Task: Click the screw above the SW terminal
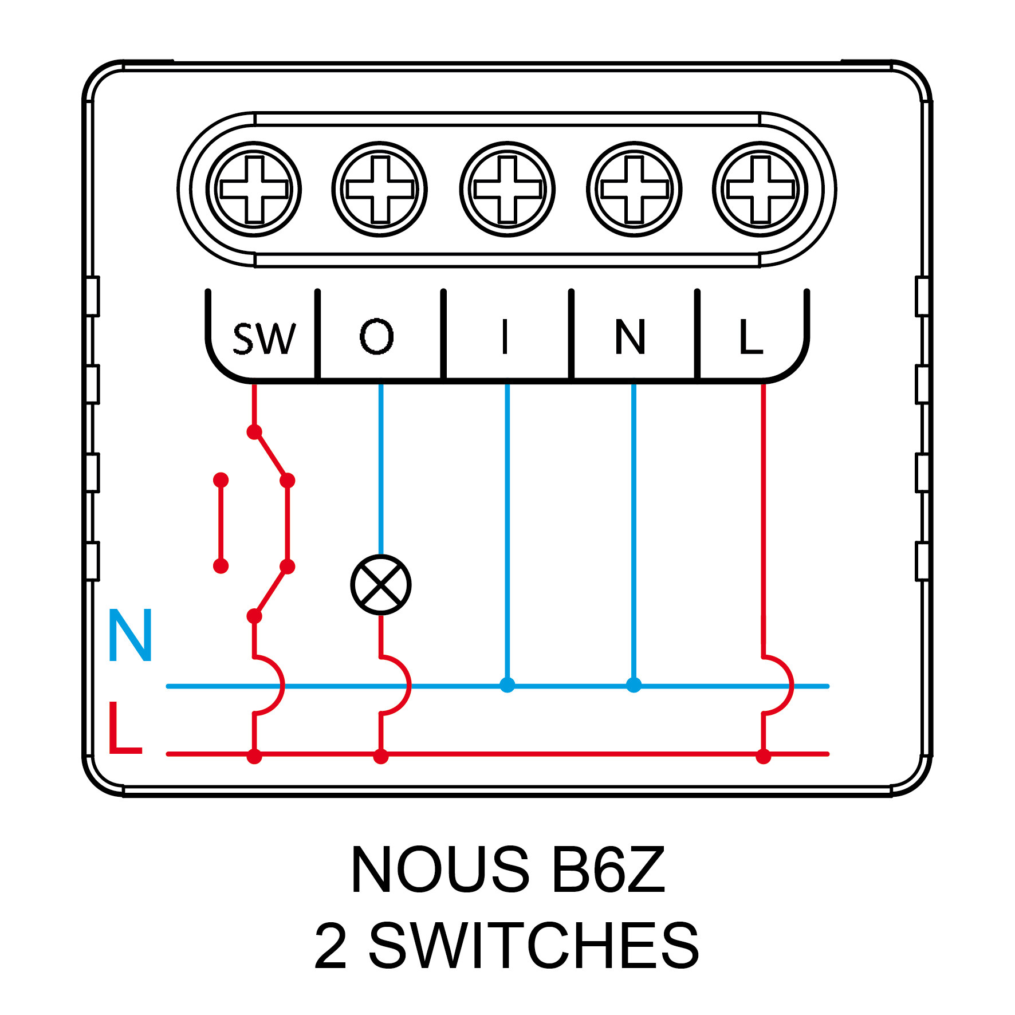(x=254, y=189)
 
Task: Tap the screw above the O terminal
(x=380, y=189)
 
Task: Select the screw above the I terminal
(x=507, y=189)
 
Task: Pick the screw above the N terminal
(x=634, y=189)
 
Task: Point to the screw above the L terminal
(x=760, y=189)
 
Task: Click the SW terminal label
(x=264, y=339)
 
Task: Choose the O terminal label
(x=377, y=336)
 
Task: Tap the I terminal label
(x=505, y=337)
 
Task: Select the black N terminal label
(x=630, y=337)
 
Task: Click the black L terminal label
(x=751, y=337)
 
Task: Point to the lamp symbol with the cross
(x=381, y=585)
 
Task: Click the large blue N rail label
(x=130, y=635)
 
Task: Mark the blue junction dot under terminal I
(x=507, y=685)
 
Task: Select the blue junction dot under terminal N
(x=634, y=685)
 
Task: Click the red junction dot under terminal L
(x=763, y=757)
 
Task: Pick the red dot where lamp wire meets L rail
(x=381, y=757)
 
